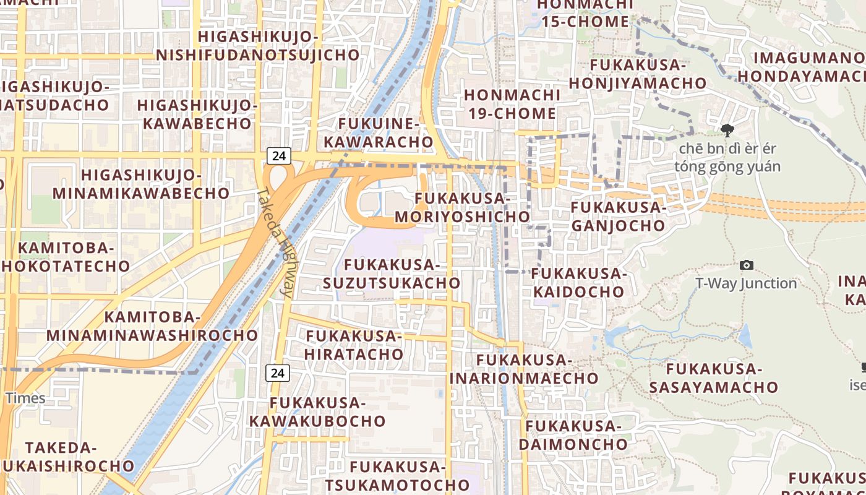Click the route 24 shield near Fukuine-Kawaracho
tap(279, 155)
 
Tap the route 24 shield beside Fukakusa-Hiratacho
tap(278, 372)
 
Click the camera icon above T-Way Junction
tap(747, 265)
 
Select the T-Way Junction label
tap(746, 283)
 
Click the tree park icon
tap(727, 130)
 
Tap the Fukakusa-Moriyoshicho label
tap(463, 208)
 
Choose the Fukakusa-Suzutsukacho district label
tap(392, 274)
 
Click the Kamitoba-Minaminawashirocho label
tap(152, 327)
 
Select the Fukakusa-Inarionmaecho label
tap(524, 369)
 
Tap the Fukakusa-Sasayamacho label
tap(713, 378)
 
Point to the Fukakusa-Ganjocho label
tap(617, 217)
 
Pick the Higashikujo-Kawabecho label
tap(197, 114)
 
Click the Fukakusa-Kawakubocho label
tap(317, 412)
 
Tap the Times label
tap(25, 397)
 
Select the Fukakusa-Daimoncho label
tap(573, 435)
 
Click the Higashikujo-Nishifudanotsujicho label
tap(257, 46)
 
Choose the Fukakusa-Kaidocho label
tap(578, 282)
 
